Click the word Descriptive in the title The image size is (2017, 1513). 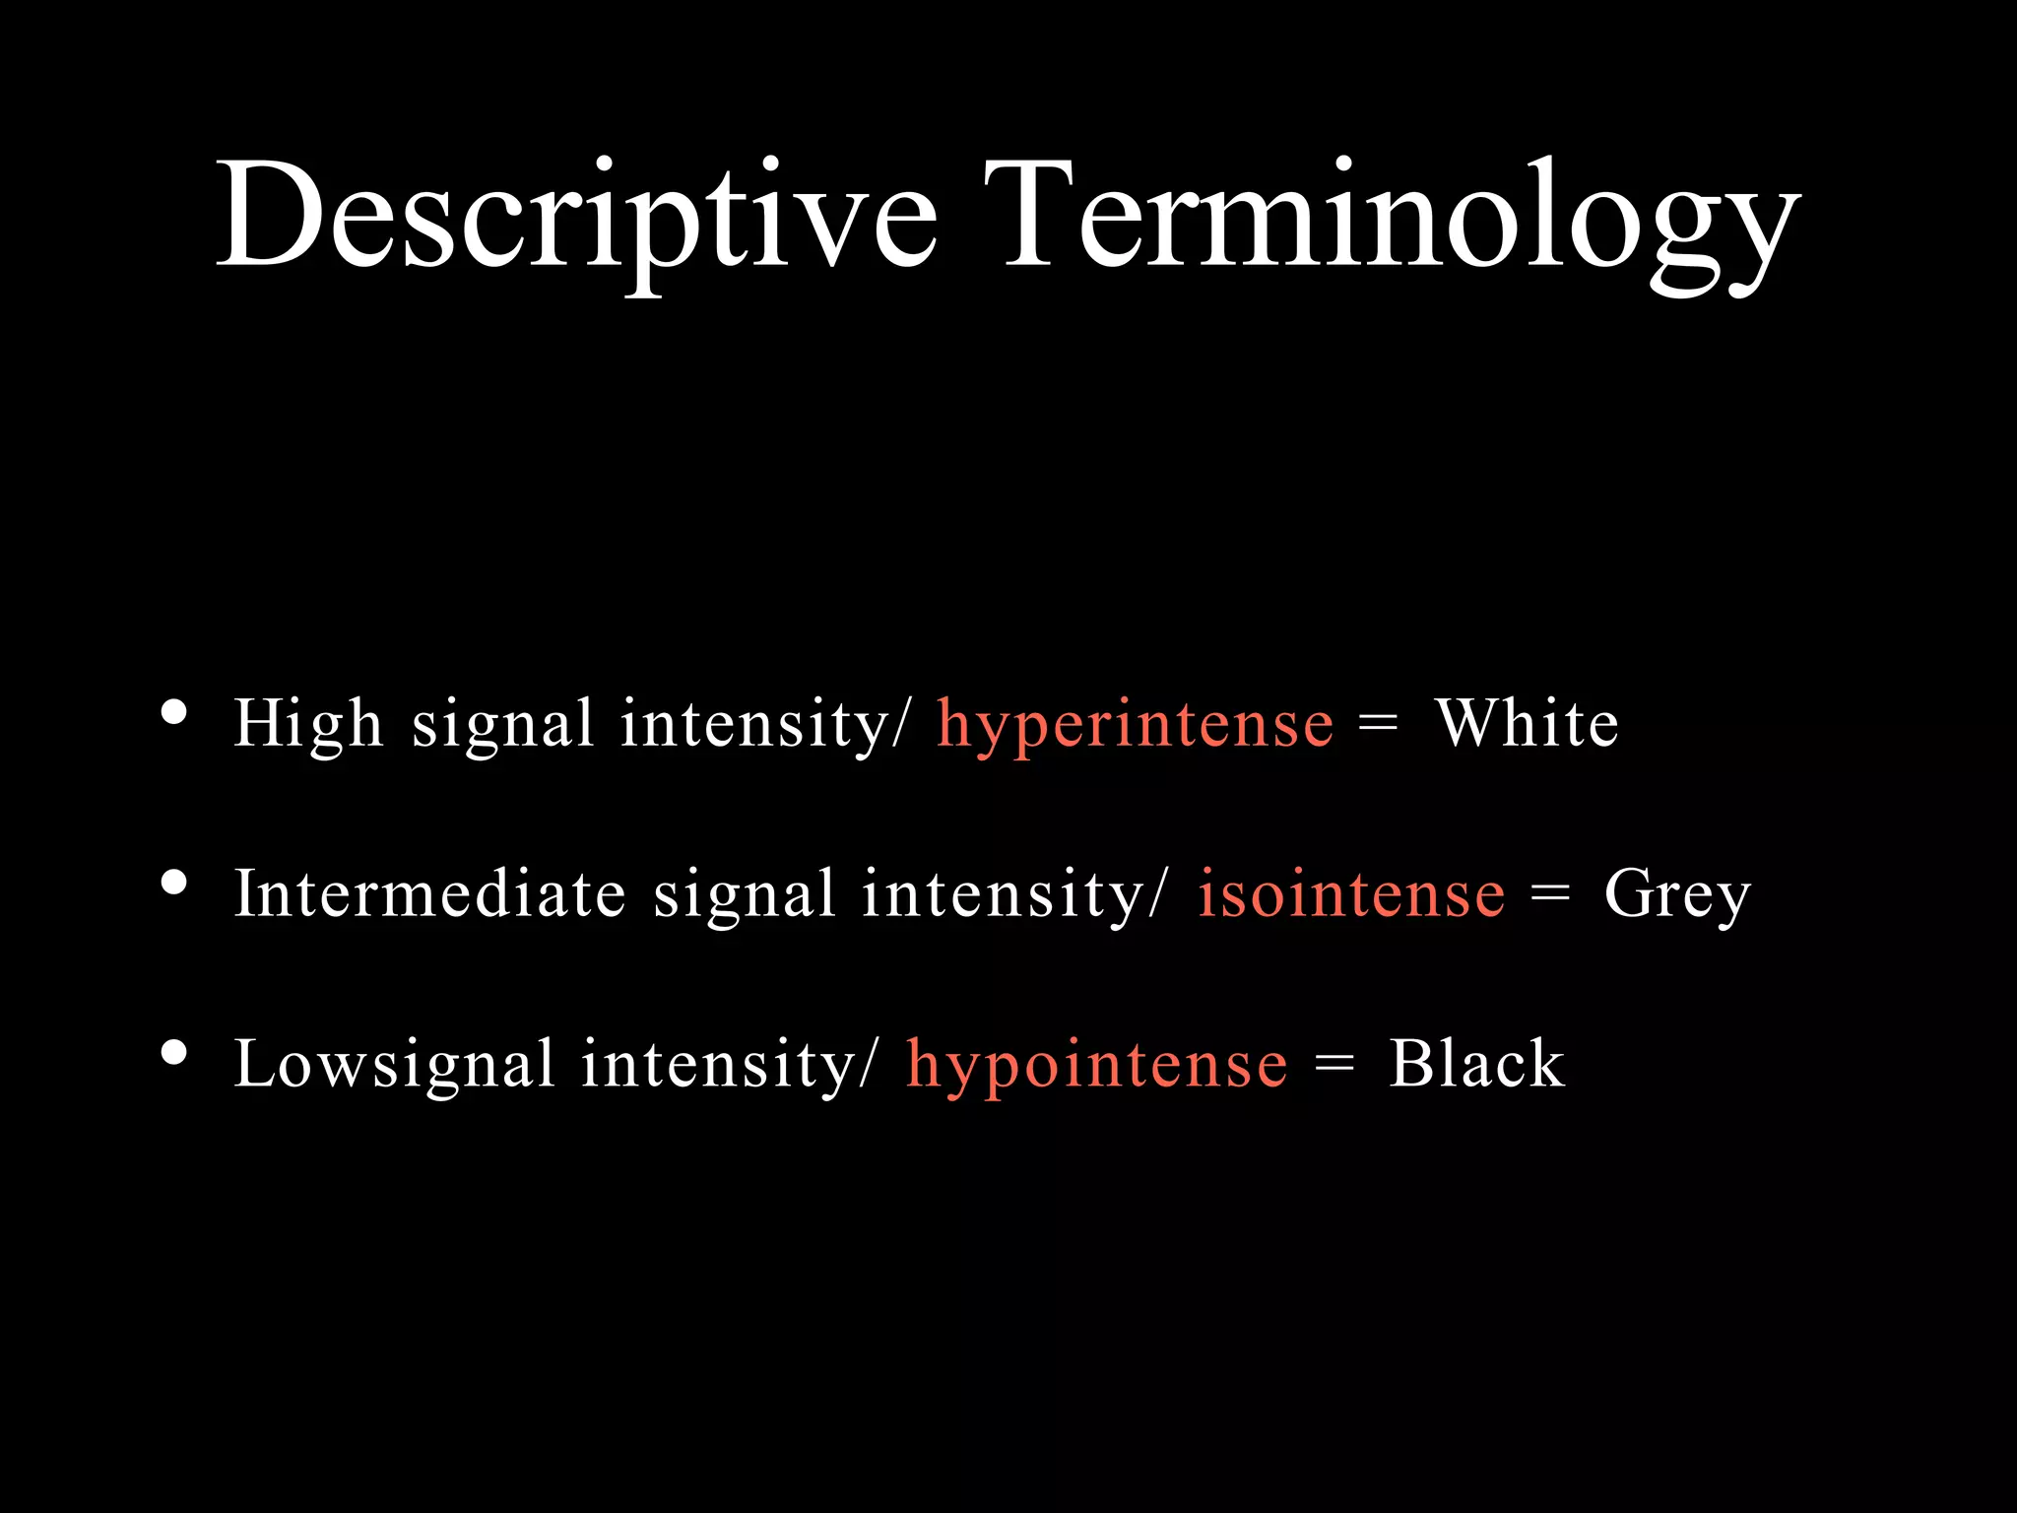coord(576,217)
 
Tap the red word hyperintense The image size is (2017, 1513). coord(1135,725)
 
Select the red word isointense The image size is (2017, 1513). coord(1351,894)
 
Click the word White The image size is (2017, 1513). coord(1527,724)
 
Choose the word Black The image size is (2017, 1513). coord(1476,1064)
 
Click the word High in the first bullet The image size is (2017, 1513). coord(307,725)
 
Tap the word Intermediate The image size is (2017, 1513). coord(429,894)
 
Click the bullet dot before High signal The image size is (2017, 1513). coord(174,712)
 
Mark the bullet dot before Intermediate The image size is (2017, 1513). coord(174,883)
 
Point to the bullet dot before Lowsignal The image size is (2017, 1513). coord(174,1053)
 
